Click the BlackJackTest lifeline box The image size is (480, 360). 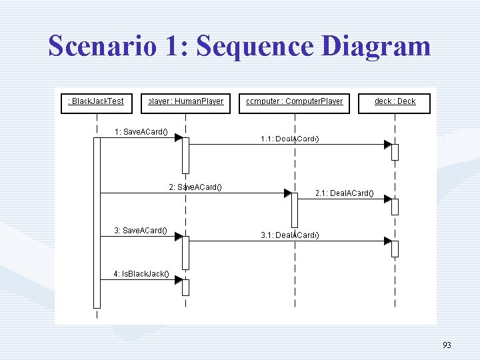[x=97, y=103]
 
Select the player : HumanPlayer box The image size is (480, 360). [x=186, y=103]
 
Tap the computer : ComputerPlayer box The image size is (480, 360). [x=294, y=103]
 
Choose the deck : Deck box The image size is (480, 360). [x=395, y=103]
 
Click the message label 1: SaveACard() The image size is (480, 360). [x=141, y=132]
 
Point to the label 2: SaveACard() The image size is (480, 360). [x=195, y=187]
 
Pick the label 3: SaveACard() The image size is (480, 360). [x=141, y=231]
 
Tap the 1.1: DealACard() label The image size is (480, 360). [x=290, y=139]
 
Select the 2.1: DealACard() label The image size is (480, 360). [x=344, y=194]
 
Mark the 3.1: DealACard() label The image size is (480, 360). [x=290, y=235]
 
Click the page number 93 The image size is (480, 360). [x=447, y=345]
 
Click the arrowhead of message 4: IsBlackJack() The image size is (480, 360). [x=179, y=280]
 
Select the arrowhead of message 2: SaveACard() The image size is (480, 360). [x=287, y=193]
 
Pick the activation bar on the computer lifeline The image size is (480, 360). [x=295, y=210]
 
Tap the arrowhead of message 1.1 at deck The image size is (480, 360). [x=387, y=144]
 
